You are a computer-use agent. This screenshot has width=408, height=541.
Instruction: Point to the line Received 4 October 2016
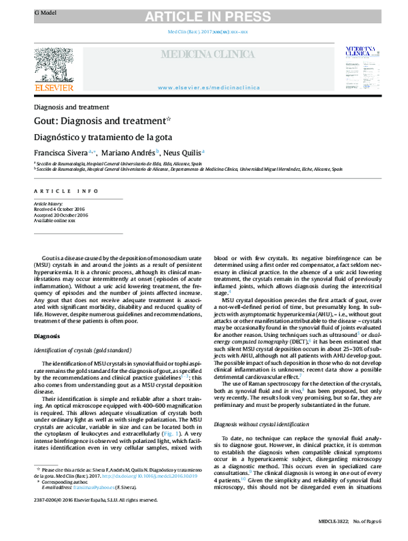click(61, 210)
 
